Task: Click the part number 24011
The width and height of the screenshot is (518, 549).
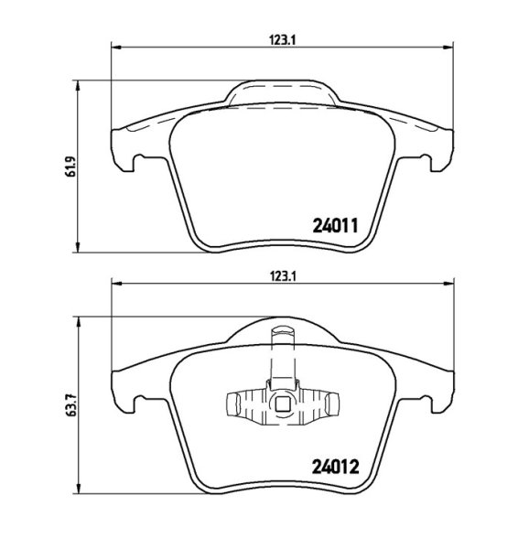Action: coord(335,226)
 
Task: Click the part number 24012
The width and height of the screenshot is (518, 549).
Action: coord(336,467)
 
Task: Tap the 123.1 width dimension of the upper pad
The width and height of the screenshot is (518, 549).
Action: coord(283,40)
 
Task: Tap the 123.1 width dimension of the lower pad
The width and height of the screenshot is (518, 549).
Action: coord(283,277)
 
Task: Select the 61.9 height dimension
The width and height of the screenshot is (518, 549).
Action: coord(71,167)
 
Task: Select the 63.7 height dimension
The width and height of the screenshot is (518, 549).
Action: coord(71,405)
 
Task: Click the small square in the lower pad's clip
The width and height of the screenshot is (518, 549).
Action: coord(282,405)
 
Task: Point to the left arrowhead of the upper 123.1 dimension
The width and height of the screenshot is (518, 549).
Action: coord(116,47)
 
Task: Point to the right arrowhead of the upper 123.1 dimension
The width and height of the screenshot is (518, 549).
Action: coord(448,47)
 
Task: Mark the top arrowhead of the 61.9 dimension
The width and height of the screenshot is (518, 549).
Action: coord(78,85)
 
